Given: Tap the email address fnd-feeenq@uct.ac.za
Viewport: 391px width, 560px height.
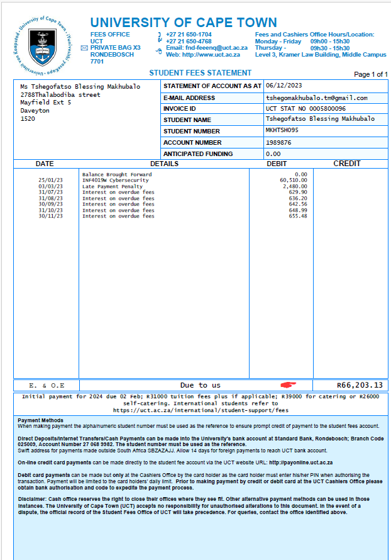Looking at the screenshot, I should pos(207,47).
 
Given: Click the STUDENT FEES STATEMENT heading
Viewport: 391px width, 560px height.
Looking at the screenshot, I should pos(200,73).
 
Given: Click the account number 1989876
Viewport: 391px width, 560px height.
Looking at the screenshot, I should pos(279,142).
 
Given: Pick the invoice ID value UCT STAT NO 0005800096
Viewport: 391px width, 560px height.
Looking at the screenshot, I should pos(306,108).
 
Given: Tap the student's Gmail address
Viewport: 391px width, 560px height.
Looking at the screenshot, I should pos(316,98).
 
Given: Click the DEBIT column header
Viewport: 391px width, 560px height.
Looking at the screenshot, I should pos(277,164).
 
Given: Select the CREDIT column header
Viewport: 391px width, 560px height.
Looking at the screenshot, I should pos(346,164).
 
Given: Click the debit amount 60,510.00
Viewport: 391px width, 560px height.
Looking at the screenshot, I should pos(294,180).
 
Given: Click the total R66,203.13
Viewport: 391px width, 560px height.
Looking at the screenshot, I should pos(360,385).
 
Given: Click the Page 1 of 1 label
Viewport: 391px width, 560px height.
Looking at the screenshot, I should pos(371,74).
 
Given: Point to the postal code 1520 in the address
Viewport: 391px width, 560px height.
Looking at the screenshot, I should pos(28,118).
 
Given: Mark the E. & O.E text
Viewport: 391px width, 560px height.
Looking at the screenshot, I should pos(46,385).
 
